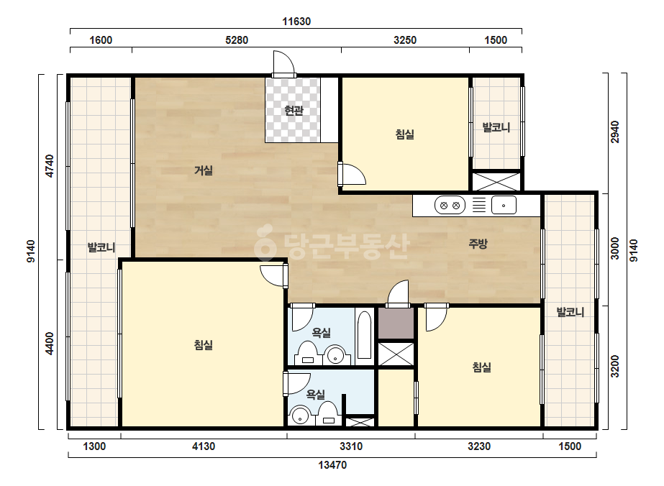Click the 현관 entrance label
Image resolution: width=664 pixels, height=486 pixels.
pyautogui.click(x=294, y=111)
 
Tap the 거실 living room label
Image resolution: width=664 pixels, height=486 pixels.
pyautogui.click(x=204, y=170)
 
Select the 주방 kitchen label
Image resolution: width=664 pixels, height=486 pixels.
pyautogui.click(x=478, y=244)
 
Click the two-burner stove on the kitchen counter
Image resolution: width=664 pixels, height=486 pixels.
pyautogui.click(x=450, y=206)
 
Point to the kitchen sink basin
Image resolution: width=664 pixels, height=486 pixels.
pyautogui.click(x=504, y=206)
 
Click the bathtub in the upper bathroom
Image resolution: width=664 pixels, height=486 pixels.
pyautogui.click(x=364, y=336)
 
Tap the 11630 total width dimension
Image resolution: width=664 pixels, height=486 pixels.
pyautogui.click(x=296, y=21)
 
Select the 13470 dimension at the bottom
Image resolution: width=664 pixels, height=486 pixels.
pyautogui.click(x=332, y=465)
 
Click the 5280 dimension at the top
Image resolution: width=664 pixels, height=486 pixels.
pyautogui.click(x=237, y=40)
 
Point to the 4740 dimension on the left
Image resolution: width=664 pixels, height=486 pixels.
pyautogui.click(x=50, y=166)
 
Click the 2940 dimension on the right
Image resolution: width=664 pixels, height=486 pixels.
pyautogui.click(x=615, y=132)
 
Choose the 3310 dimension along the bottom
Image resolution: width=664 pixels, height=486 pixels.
pyautogui.click(x=351, y=446)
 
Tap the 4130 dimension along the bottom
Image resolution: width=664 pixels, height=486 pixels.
pyautogui.click(x=204, y=446)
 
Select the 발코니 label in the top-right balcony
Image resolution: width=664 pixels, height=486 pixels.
pyautogui.click(x=496, y=127)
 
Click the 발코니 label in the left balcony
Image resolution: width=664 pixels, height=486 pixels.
pyautogui.click(x=101, y=247)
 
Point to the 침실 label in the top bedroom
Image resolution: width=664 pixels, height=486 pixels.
pyautogui.click(x=405, y=134)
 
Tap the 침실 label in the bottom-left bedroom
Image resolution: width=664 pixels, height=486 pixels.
pyautogui.click(x=204, y=345)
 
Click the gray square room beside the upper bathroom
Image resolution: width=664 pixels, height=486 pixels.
pyautogui.click(x=396, y=323)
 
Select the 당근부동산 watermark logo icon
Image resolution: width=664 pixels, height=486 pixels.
pyautogui.click(x=265, y=244)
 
